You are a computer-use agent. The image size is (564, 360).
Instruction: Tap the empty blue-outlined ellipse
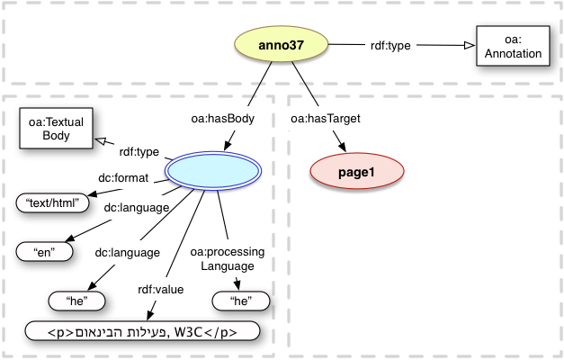(x=213, y=171)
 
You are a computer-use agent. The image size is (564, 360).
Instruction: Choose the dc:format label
(x=121, y=178)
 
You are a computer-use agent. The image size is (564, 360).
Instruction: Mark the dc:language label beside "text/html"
(x=136, y=207)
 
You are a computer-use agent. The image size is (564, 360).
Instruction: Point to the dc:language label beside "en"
(x=127, y=252)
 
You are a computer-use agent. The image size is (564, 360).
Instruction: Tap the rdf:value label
(x=159, y=289)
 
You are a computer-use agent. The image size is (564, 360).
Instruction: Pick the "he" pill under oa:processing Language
(x=240, y=301)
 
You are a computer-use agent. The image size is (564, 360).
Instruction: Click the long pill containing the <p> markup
(x=144, y=331)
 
